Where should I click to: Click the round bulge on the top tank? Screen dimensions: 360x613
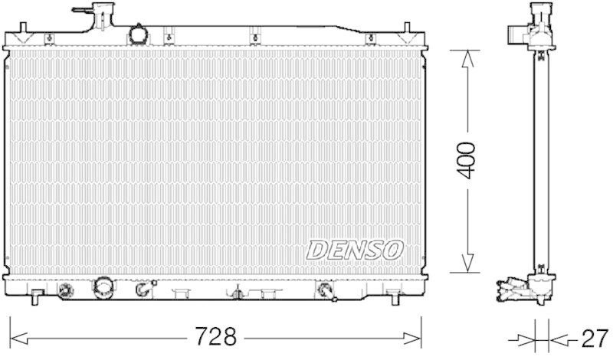[138, 34]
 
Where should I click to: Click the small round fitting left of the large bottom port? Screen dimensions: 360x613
[67, 290]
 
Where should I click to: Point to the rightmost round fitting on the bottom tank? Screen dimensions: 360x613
[325, 290]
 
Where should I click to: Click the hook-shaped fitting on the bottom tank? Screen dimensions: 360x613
[141, 290]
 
